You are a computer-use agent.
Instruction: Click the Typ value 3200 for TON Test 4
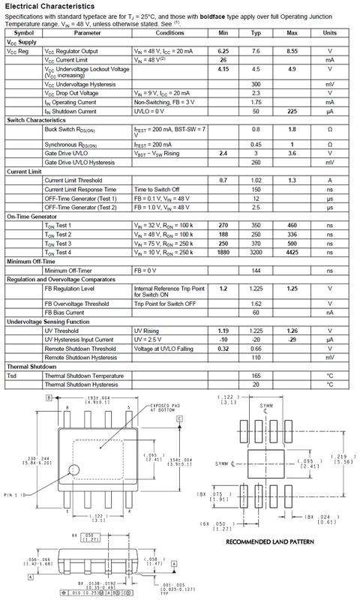click(x=256, y=255)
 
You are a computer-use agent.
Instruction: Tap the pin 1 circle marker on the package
click(x=74, y=470)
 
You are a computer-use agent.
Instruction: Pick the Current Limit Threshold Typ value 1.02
click(x=256, y=181)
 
